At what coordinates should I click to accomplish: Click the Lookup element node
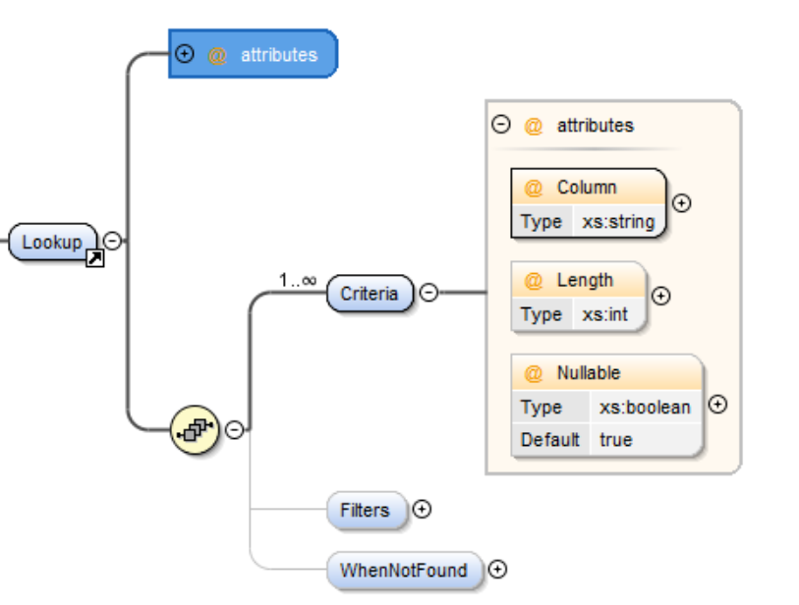click(x=52, y=242)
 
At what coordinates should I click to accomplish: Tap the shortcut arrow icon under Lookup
click(x=95, y=259)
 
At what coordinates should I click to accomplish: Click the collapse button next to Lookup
click(x=113, y=241)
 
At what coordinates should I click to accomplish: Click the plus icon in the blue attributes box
click(x=183, y=54)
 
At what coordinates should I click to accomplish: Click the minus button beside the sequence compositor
click(x=234, y=429)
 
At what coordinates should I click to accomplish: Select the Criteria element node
click(x=370, y=293)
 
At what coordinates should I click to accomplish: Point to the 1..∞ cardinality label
click(x=297, y=281)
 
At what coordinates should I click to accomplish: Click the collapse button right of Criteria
click(x=429, y=292)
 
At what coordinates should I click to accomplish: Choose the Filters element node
click(x=365, y=510)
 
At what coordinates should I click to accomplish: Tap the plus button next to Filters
click(x=423, y=509)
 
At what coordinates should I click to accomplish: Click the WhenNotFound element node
click(x=403, y=570)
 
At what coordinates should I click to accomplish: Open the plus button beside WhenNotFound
click(x=497, y=569)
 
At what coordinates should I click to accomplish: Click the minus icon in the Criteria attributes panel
click(x=501, y=125)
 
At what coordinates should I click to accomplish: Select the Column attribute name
click(x=587, y=187)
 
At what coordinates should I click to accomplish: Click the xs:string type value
click(x=617, y=221)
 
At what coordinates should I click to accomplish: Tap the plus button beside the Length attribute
click(x=661, y=295)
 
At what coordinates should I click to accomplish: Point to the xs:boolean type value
click(x=645, y=407)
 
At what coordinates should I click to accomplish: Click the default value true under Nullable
click(x=615, y=439)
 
